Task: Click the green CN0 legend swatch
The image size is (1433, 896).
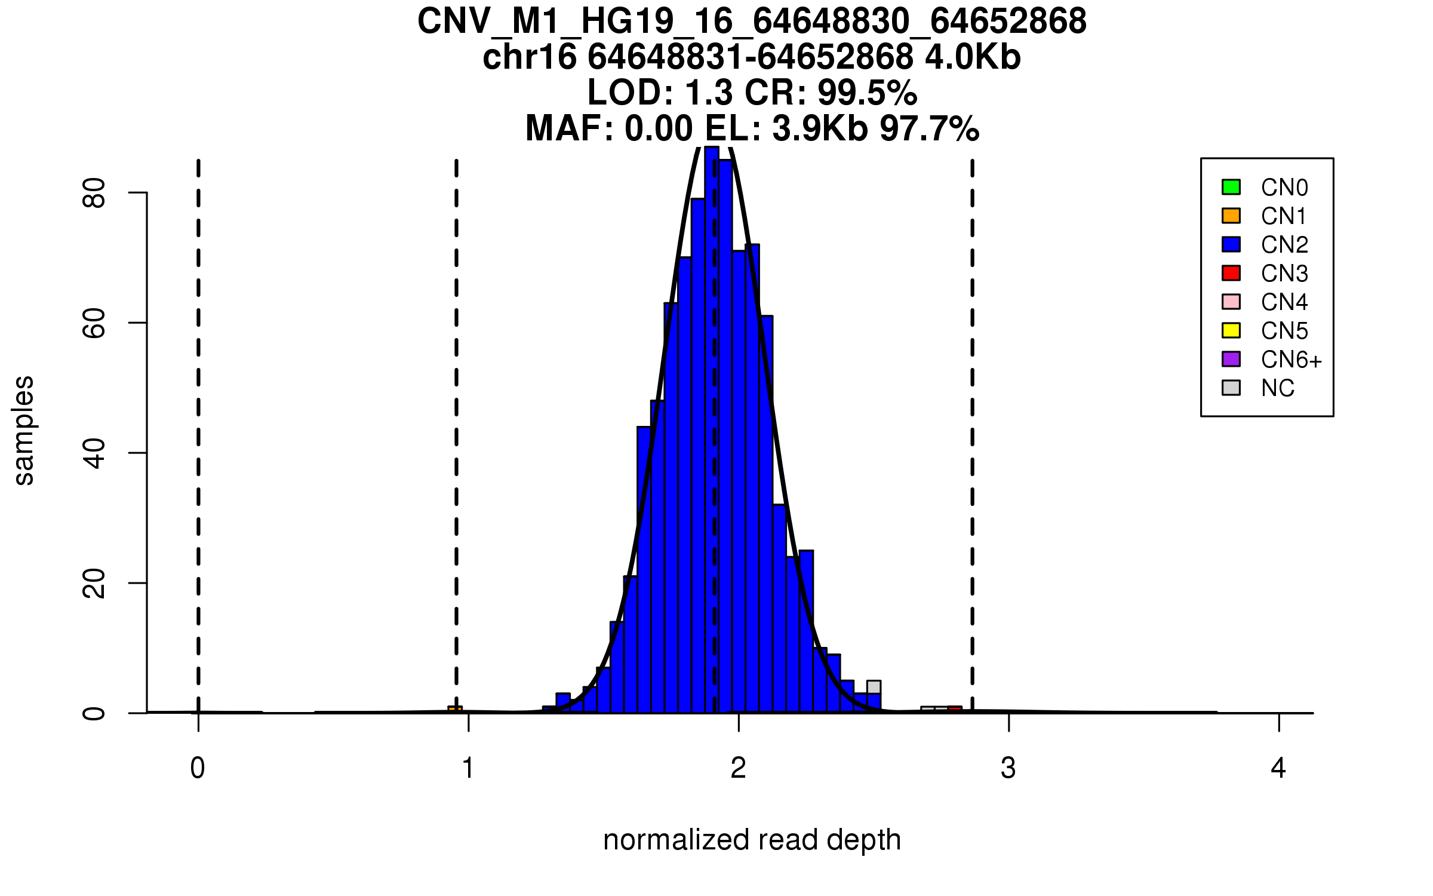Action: pyautogui.click(x=1231, y=187)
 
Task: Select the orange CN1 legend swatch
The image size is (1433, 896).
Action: pyautogui.click(x=1231, y=216)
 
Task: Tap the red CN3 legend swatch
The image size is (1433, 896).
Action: pyautogui.click(x=1231, y=273)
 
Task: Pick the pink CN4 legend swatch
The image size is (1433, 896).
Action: pyautogui.click(x=1231, y=302)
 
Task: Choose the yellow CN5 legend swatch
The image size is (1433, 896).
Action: pyautogui.click(x=1231, y=330)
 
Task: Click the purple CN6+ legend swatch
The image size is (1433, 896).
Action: pyautogui.click(x=1231, y=359)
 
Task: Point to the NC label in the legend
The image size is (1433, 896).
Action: pyautogui.click(x=1277, y=388)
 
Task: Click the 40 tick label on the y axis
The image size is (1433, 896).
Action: pyautogui.click(x=94, y=453)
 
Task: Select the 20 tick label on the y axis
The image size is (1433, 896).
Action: pyautogui.click(x=94, y=583)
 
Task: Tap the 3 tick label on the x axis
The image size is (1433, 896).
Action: pyautogui.click(x=1008, y=768)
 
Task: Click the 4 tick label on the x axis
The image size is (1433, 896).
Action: pyautogui.click(x=1278, y=768)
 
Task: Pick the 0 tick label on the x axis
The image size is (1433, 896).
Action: pyautogui.click(x=198, y=768)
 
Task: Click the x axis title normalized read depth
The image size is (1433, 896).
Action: pyautogui.click(x=752, y=840)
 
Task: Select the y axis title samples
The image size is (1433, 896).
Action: pyautogui.click(x=24, y=430)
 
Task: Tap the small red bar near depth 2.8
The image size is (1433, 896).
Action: pyautogui.click(x=955, y=709)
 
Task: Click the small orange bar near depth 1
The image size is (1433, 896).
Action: pyautogui.click(x=455, y=709)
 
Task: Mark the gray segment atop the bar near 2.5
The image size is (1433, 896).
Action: pyautogui.click(x=874, y=687)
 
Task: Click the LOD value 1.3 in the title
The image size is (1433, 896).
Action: pyautogui.click(x=709, y=93)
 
